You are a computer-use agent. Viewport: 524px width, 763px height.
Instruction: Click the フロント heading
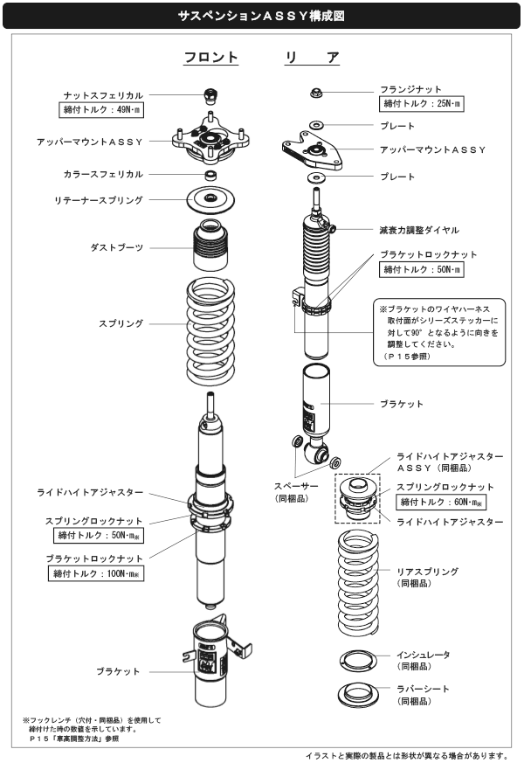pos(210,58)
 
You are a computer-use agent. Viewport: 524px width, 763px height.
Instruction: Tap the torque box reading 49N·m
pos(103,110)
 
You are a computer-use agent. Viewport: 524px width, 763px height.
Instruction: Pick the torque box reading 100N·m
pos(97,573)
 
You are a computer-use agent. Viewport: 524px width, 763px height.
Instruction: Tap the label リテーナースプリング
pos(99,201)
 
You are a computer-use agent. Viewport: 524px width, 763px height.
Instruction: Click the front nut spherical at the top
pos(210,94)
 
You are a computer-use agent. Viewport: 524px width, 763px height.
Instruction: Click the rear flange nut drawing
pos(317,92)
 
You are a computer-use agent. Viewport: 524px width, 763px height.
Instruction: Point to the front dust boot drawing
pos(210,247)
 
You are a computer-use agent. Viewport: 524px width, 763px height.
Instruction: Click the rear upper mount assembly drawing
pos(314,150)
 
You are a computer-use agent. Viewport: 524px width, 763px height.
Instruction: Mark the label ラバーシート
pos(424,689)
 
